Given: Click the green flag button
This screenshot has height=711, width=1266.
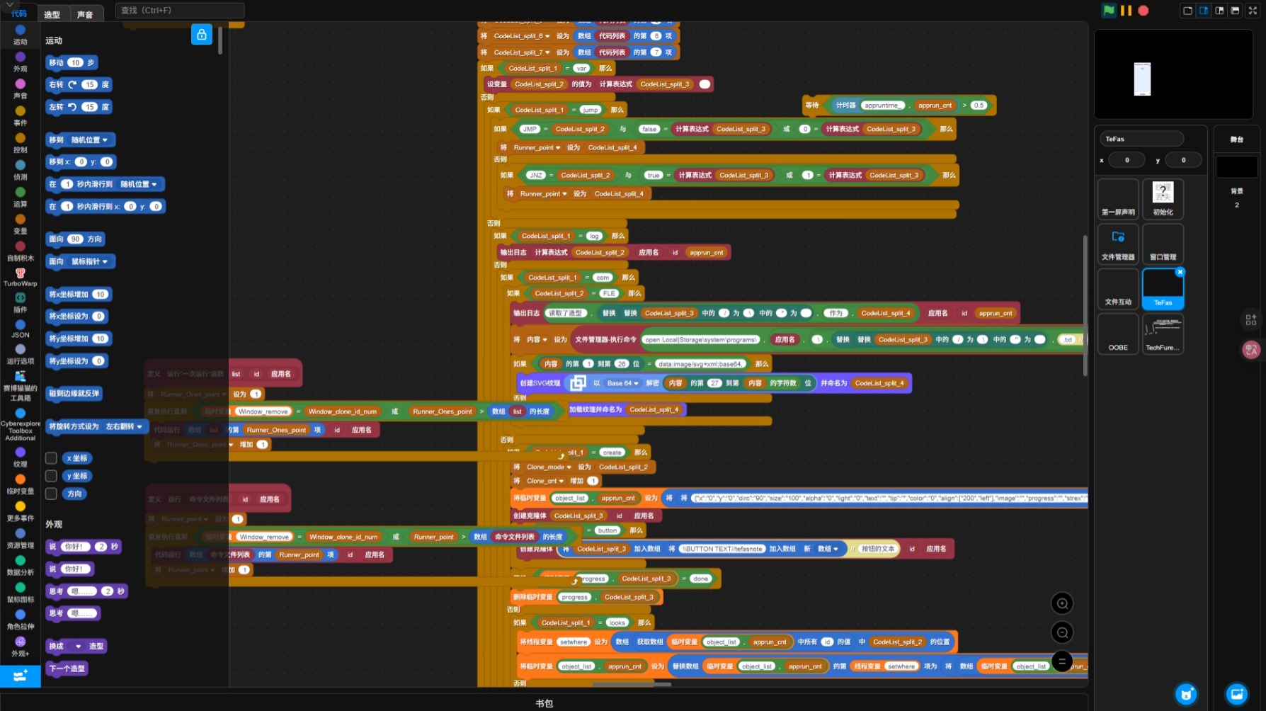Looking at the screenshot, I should (x=1109, y=10).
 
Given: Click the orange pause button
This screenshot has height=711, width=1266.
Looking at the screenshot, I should (x=1126, y=11).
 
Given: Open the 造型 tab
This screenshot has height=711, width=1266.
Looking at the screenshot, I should (x=52, y=14).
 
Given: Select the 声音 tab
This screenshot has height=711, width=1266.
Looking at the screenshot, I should (x=85, y=14).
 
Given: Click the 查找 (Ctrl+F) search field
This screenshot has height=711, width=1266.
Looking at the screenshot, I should (x=180, y=10).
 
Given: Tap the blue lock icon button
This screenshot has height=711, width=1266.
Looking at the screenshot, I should (x=202, y=35).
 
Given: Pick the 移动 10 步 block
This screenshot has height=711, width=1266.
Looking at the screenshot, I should (x=72, y=62).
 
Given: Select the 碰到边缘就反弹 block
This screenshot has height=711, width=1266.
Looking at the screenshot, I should (x=74, y=393).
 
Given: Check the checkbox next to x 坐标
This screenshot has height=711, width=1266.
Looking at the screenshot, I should (x=51, y=458).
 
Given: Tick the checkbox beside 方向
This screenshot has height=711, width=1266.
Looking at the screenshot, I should (x=51, y=494).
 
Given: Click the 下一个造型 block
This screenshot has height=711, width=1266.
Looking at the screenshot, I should (x=67, y=668).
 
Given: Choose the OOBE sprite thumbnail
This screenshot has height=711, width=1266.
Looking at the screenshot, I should (x=1118, y=334).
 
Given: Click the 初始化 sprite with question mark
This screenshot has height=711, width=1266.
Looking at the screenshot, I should (x=1163, y=198).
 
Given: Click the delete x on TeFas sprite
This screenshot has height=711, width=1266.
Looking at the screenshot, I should (x=1180, y=272).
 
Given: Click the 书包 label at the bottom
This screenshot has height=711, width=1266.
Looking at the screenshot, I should (x=544, y=703).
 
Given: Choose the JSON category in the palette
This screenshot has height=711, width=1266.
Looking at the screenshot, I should (x=21, y=329).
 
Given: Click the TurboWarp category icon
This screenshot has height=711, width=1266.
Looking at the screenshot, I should (x=21, y=277).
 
